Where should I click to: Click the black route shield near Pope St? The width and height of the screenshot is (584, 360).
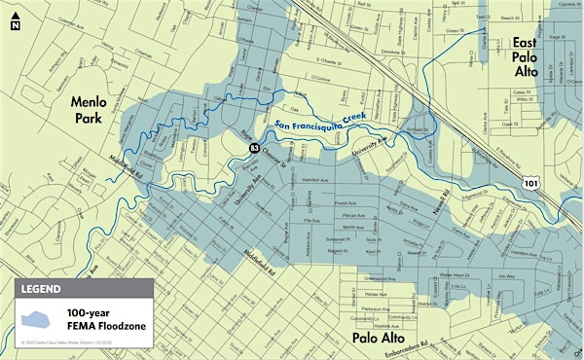(254, 147)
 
